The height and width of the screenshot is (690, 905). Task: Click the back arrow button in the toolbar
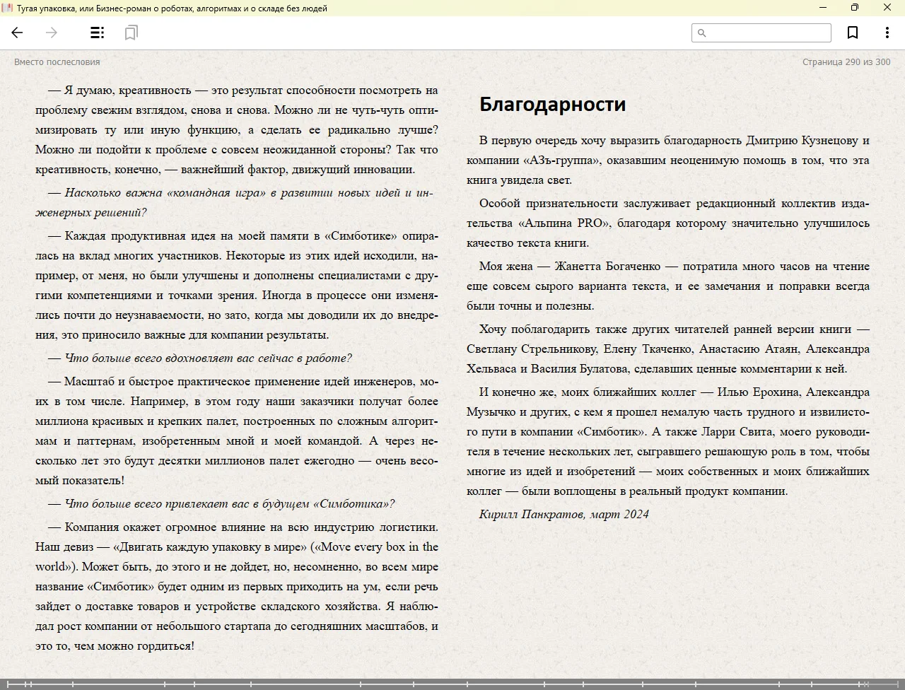point(18,33)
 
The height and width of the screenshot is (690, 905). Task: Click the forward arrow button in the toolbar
point(51,33)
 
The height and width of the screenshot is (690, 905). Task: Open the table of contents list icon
point(98,33)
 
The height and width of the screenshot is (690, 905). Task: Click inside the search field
point(768,33)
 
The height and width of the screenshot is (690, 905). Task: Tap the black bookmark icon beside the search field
point(853,33)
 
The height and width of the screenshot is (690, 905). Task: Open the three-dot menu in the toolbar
point(887,33)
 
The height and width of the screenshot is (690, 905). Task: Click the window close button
point(887,8)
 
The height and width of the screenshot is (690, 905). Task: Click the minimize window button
point(822,8)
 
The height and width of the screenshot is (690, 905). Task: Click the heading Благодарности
point(552,104)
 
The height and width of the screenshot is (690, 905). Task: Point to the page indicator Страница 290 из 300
point(846,62)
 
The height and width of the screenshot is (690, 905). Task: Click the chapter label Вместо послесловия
point(57,62)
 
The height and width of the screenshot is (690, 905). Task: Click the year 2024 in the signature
point(636,515)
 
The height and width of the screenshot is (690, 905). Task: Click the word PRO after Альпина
point(590,223)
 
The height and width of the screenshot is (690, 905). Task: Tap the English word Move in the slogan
point(336,547)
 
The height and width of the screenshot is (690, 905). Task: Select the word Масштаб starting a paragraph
point(90,382)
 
